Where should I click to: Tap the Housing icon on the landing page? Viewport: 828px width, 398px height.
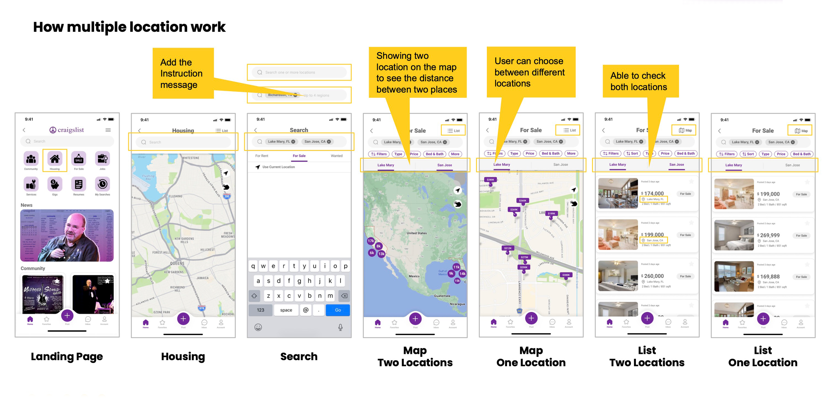coord(55,160)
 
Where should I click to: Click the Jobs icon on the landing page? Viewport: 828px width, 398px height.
coord(102,159)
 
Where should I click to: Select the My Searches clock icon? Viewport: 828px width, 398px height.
coord(102,184)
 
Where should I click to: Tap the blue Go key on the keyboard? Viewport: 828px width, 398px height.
coord(338,310)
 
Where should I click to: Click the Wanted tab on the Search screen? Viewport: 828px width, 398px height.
coord(336,156)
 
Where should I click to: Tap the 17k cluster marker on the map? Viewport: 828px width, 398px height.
coord(371,241)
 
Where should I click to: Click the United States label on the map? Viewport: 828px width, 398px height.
coord(417,233)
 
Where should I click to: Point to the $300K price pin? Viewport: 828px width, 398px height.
coord(566,275)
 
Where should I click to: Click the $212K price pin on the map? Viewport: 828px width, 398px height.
coord(508,248)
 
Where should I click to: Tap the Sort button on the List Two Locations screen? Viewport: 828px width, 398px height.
coord(632,154)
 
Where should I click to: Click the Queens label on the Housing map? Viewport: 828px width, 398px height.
coord(177,264)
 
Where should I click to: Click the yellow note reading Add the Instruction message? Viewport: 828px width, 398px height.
coord(183,73)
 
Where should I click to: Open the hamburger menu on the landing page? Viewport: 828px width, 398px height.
coord(108,130)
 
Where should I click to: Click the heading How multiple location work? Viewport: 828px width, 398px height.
coord(129,27)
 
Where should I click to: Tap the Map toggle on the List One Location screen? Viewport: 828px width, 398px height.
coord(801,131)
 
